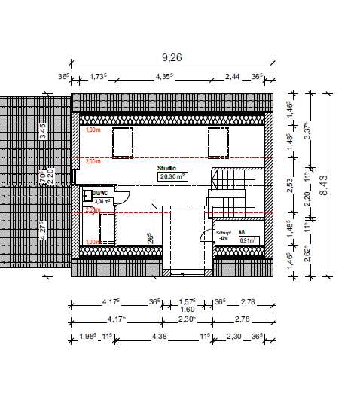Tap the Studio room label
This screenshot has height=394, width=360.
click(166, 168)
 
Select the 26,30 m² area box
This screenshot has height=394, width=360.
click(172, 176)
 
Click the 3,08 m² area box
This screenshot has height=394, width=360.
click(102, 201)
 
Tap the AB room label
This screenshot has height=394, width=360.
click(242, 233)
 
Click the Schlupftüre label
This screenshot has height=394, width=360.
click(222, 235)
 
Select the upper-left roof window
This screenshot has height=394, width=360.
click(122, 141)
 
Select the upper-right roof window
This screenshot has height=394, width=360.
click(218, 141)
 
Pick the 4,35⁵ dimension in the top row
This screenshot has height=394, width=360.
click(164, 76)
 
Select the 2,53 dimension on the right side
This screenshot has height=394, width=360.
click(290, 181)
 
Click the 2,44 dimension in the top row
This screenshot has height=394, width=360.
click(233, 76)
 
